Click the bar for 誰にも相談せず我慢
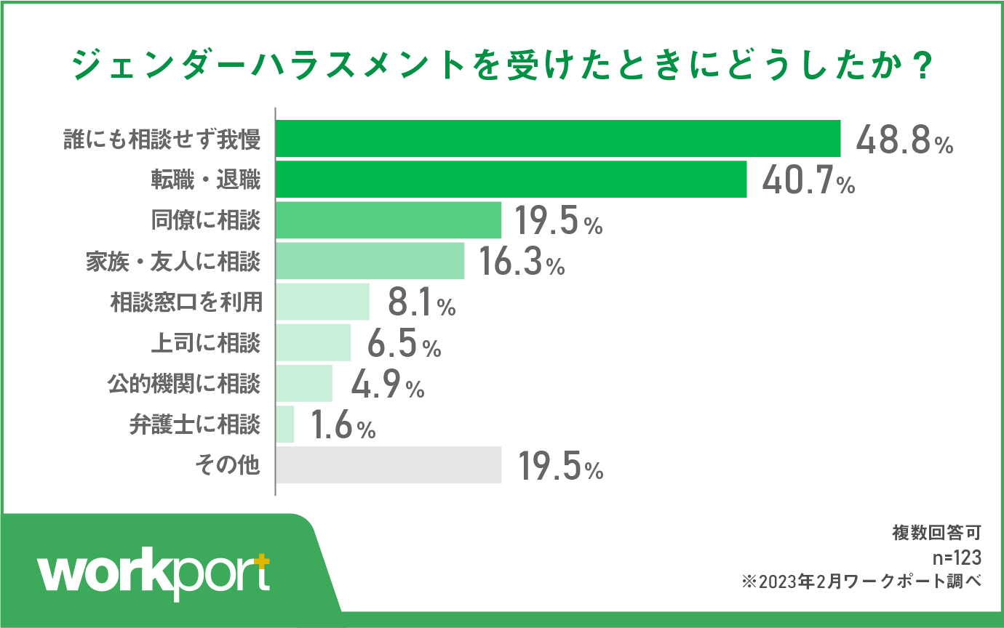pyautogui.click(x=558, y=138)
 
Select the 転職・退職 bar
pyautogui.click(x=511, y=180)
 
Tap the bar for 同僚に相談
pyautogui.click(x=389, y=220)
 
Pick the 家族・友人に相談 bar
pyautogui.click(x=370, y=261)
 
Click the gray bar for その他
pyautogui.click(x=389, y=465)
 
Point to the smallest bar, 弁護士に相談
pyautogui.click(x=285, y=424)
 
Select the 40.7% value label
pyautogui.click(x=808, y=181)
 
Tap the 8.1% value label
pyautogui.click(x=421, y=303)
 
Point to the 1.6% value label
pyautogui.click(x=343, y=426)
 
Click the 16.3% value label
pyautogui.click(x=521, y=262)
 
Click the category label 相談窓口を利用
pyautogui.click(x=185, y=302)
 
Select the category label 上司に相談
pyautogui.click(x=205, y=342)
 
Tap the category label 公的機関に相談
pyautogui.click(x=185, y=383)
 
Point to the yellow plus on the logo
pyautogui.click(x=262, y=562)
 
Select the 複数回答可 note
pyautogui.click(x=936, y=534)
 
